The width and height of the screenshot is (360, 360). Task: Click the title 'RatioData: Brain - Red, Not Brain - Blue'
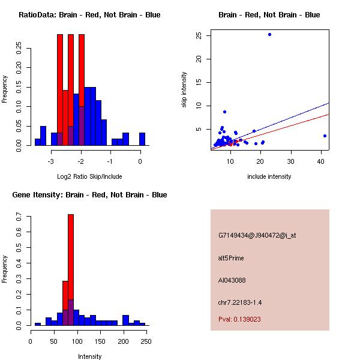coord(89,15)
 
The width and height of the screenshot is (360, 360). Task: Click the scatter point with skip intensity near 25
coord(269,34)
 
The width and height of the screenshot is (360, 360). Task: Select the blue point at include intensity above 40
coord(325,136)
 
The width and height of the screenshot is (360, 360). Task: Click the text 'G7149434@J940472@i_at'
coord(257,235)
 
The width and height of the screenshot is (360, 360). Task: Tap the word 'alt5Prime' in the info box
coord(231,258)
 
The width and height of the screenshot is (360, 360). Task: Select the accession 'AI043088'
coord(232,280)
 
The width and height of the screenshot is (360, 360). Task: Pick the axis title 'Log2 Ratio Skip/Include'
coord(89,176)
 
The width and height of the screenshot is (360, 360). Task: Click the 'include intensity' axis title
coord(269,176)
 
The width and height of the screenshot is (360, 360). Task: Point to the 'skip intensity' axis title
coord(185,90)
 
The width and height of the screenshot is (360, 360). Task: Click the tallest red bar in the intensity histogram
coord(71,270)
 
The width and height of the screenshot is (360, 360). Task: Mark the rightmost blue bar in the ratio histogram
coord(142,139)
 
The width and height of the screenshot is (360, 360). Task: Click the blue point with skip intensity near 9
coord(224,112)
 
